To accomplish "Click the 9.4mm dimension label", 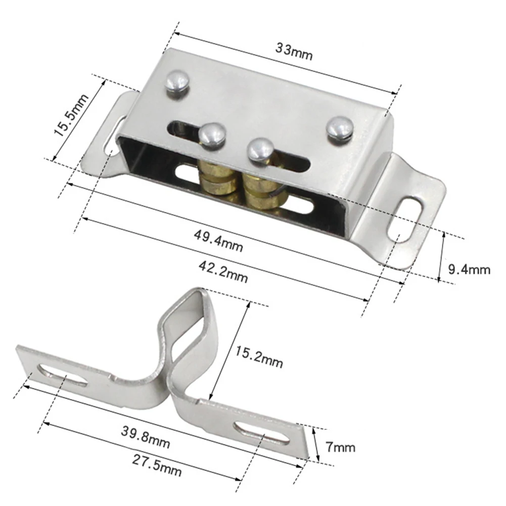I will click(470, 269).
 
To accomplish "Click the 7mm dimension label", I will click(340, 447).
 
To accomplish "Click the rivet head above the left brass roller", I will click(212, 135).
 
